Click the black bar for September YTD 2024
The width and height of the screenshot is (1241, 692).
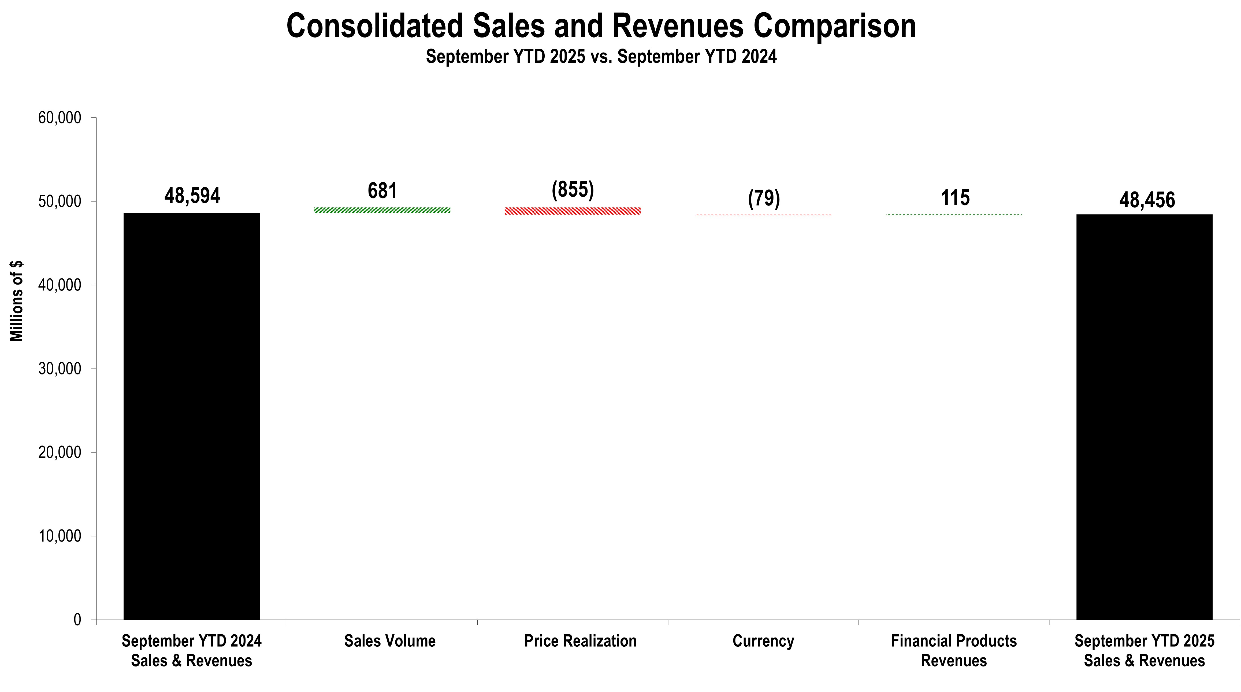coord(192,416)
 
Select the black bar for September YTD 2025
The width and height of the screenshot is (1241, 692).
coord(1144,417)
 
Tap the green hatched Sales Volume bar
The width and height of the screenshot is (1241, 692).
coord(382,210)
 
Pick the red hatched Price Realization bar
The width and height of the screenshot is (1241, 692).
coord(573,211)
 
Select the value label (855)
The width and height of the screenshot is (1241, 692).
coord(573,190)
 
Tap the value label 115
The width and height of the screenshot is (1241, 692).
coord(955,198)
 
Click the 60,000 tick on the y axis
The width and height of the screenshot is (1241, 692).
coord(60,118)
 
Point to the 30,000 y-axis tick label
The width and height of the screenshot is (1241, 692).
coord(60,369)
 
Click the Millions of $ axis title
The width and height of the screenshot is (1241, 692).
coord(17,301)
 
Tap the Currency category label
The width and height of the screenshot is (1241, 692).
coord(763,641)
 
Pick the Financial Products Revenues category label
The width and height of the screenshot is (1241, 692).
coord(954,650)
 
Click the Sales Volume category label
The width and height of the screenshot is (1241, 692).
coord(390,641)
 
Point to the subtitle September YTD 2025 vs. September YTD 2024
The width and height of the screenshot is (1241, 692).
coord(601,56)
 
